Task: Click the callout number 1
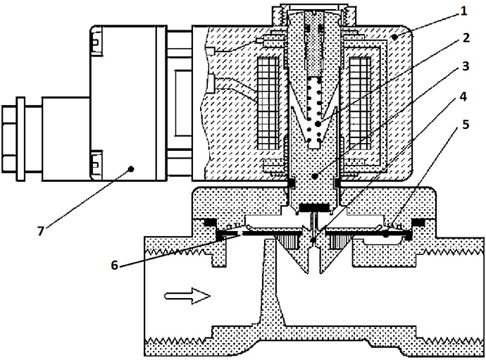point(463,11)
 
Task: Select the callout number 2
point(466,38)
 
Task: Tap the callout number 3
point(466,66)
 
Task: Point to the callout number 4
point(463,97)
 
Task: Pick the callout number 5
point(466,124)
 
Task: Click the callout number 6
point(115,265)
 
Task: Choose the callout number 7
point(41,231)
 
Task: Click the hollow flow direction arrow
point(187,296)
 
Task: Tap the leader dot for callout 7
point(131,169)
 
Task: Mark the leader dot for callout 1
point(394,37)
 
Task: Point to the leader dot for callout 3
point(315,177)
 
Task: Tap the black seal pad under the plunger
point(314,206)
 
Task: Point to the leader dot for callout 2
point(318,124)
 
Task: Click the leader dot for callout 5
point(385,235)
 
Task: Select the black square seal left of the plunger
point(292,184)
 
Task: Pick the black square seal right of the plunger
point(337,184)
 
